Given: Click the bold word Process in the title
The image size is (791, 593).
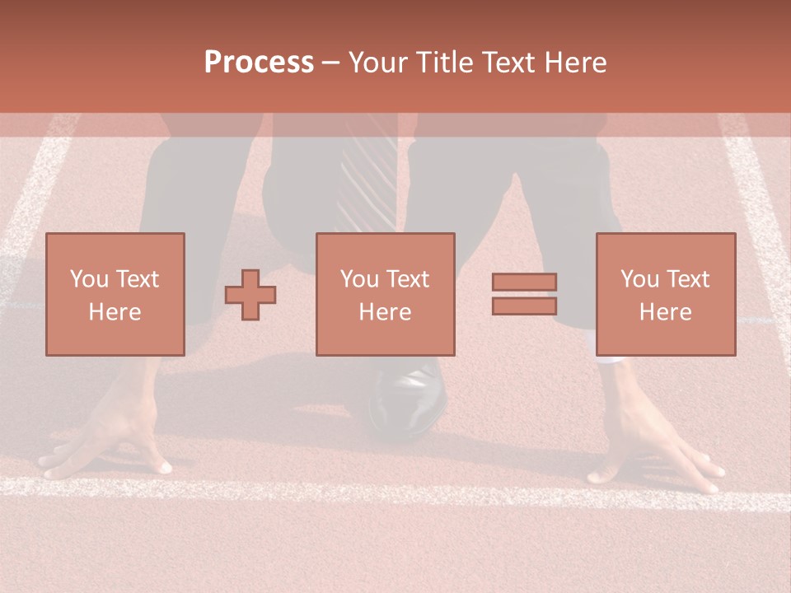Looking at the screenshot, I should (x=259, y=63).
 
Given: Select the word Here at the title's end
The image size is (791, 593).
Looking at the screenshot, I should (x=575, y=63).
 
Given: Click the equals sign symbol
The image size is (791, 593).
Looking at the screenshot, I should (x=524, y=294).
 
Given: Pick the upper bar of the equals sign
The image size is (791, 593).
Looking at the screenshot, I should (x=524, y=282).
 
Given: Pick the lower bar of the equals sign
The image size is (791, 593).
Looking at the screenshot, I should (x=524, y=306).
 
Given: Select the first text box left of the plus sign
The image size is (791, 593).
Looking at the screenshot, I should (x=115, y=294).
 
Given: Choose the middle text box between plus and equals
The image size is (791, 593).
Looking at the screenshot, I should (x=385, y=294).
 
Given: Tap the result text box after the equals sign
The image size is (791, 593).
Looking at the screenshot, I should (x=665, y=294).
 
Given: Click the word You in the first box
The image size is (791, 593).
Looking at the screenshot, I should (x=89, y=279).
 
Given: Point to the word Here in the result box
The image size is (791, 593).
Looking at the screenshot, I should (x=665, y=311).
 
